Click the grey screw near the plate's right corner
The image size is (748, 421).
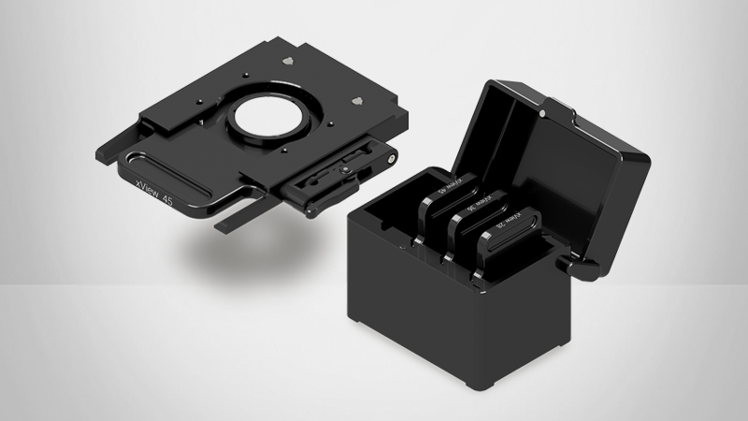click(x=355, y=101)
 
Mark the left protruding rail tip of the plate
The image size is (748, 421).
click(x=106, y=150)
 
